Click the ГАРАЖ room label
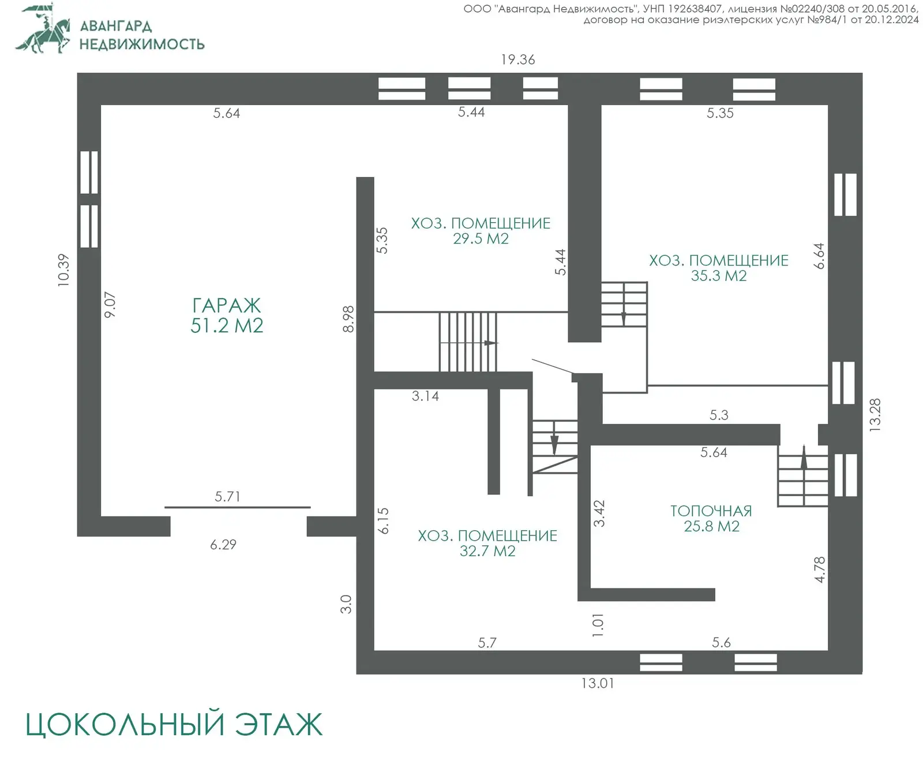tap(226, 305)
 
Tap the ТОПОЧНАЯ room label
tap(711, 511)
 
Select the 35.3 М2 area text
tap(718, 276)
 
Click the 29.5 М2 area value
tap(481, 239)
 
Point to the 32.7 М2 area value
tap(487, 551)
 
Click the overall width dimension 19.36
tap(517, 59)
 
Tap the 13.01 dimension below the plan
tap(597, 683)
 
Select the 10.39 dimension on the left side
tap(63, 270)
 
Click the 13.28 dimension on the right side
tap(875, 415)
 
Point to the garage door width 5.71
tap(227, 496)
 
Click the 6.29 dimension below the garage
tap(223, 545)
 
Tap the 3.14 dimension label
tap(425, 396)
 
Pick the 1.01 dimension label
tap(598, 625)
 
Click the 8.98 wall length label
tap(348, 319)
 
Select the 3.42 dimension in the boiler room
tap(599, 513)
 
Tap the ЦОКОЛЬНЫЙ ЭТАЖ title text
tap(174, 725)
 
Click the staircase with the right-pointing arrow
tap(468, 342)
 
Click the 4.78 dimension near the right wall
tap(819, 569)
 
